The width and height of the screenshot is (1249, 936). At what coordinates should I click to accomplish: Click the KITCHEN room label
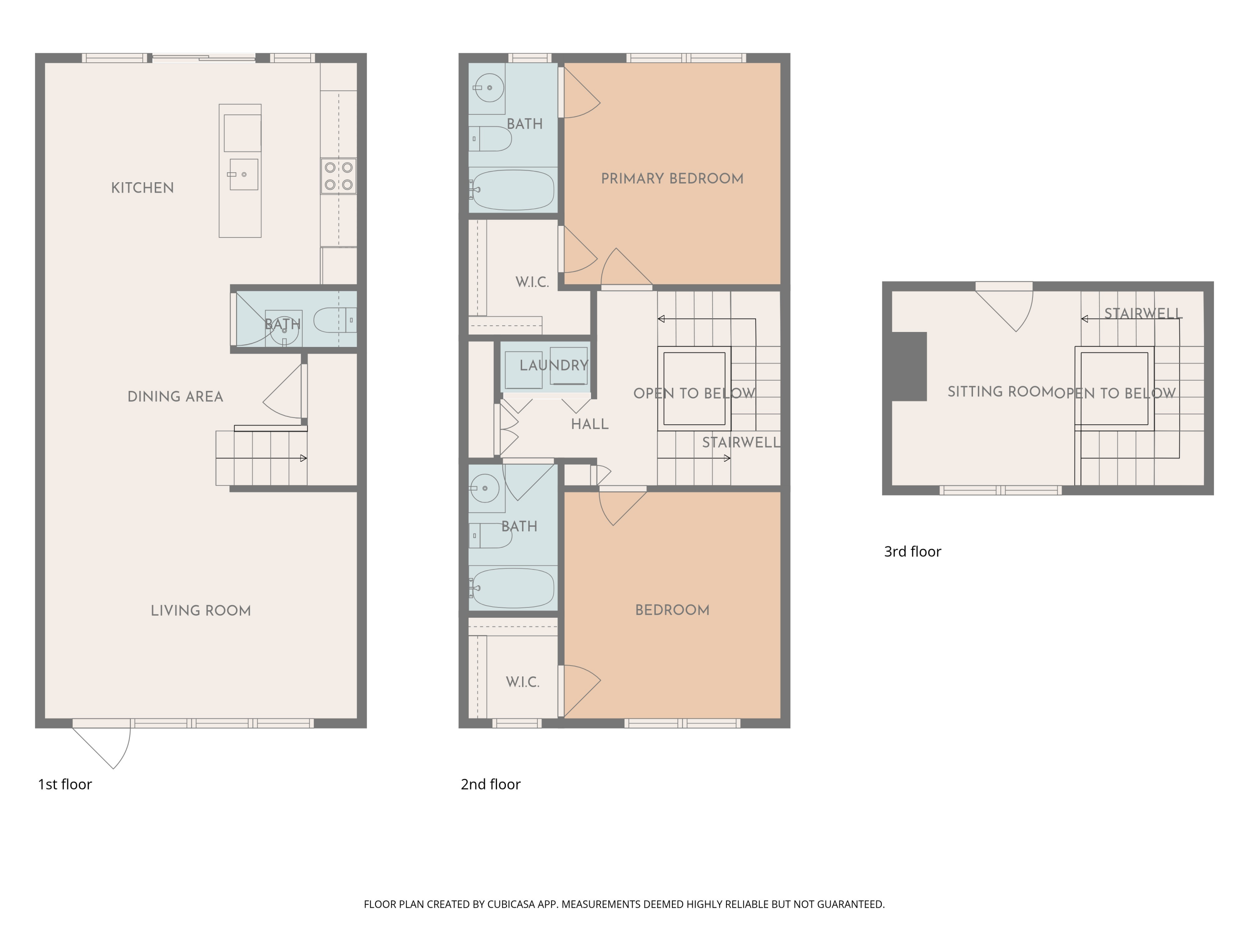(142, 188)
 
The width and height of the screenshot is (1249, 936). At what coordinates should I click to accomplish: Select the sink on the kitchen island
(244, 174)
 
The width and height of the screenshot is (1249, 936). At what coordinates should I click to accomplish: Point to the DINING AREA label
(175, 396)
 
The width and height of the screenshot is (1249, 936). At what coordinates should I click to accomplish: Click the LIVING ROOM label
(200, 610)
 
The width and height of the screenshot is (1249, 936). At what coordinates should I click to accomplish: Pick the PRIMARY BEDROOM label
(672, 179)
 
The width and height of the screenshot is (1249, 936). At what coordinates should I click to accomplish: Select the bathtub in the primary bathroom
(513, 190)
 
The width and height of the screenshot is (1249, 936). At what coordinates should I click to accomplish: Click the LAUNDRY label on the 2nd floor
(553, 366)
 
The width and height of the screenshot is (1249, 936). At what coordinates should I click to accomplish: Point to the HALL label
(590, 424)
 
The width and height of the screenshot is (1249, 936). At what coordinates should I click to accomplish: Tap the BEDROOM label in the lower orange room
(672, 610)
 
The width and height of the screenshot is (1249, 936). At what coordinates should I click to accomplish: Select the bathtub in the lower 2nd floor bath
(513, 588)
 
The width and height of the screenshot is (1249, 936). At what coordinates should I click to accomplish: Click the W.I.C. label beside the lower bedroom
(522, 682)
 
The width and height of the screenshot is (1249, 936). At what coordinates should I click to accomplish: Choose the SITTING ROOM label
(1000, 391)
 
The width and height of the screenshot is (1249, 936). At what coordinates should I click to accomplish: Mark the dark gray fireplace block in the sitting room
(909, 367)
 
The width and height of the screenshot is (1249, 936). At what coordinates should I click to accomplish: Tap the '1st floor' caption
(65, 784)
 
